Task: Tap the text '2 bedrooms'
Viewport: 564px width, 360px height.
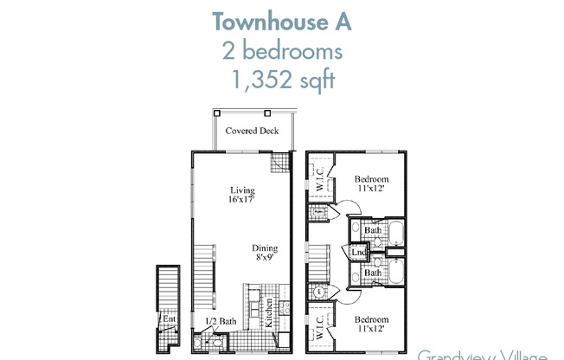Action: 282,51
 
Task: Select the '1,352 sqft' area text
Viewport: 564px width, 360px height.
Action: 282,82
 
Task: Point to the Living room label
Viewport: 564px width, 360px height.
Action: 241,190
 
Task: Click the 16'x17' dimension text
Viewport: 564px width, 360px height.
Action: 241,201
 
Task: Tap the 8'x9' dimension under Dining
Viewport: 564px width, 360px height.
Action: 266,256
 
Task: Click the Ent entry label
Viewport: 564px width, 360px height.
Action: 169,318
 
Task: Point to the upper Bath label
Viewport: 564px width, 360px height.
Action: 373,231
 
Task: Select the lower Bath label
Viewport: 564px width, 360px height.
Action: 373,273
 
